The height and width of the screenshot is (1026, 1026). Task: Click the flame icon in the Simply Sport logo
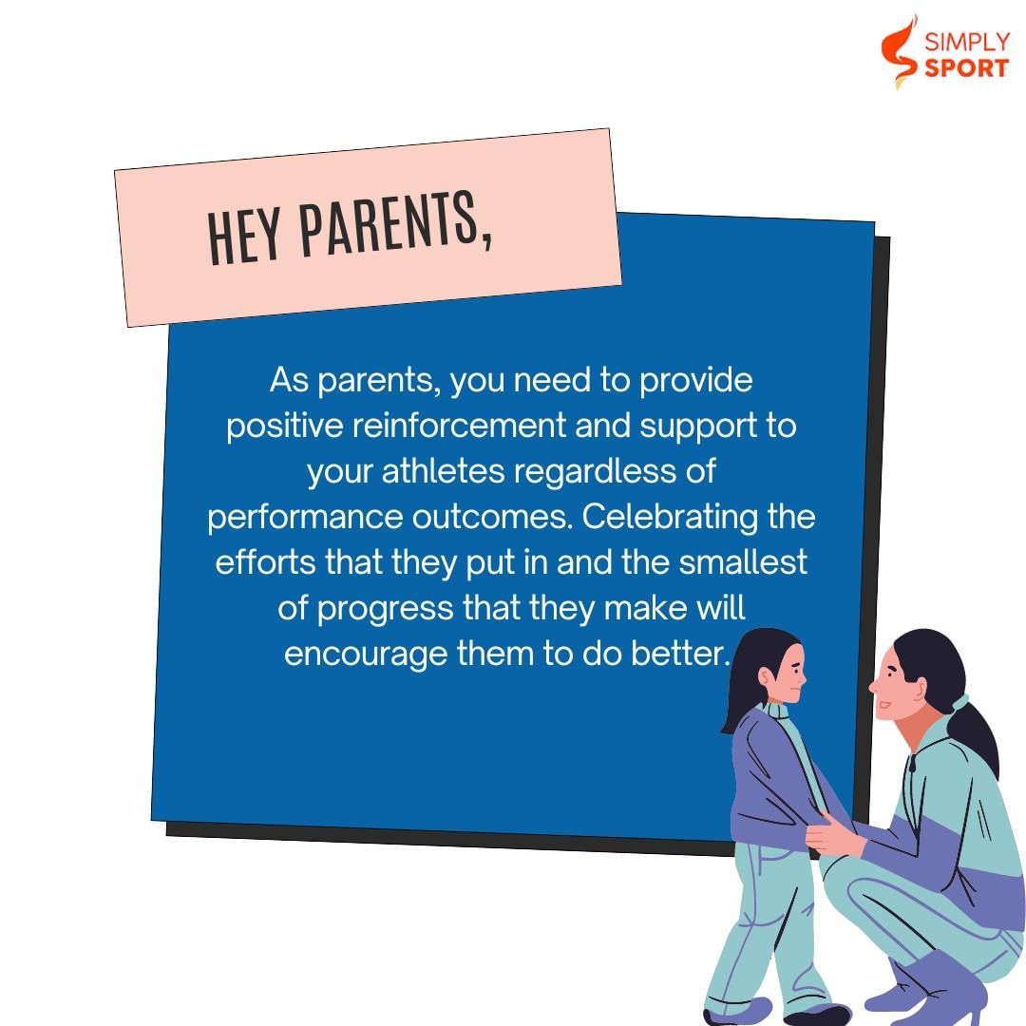(899, 51)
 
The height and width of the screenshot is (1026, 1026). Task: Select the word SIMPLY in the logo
(967, 43)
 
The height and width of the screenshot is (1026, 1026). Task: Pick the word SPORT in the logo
(966, 68)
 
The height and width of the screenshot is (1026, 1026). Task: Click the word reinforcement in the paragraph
(459, 426)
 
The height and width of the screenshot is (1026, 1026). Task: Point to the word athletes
(443, 471)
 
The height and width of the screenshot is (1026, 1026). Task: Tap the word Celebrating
(670, 518)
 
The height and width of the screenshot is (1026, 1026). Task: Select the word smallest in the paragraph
(743, 562)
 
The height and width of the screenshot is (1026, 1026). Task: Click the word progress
(386, 609)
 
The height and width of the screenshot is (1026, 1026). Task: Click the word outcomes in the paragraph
(491, 518)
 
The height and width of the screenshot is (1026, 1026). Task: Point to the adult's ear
(920, 689)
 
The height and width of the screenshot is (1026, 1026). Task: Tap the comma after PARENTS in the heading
(486, 237)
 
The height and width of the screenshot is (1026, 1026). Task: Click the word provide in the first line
(695, 380)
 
